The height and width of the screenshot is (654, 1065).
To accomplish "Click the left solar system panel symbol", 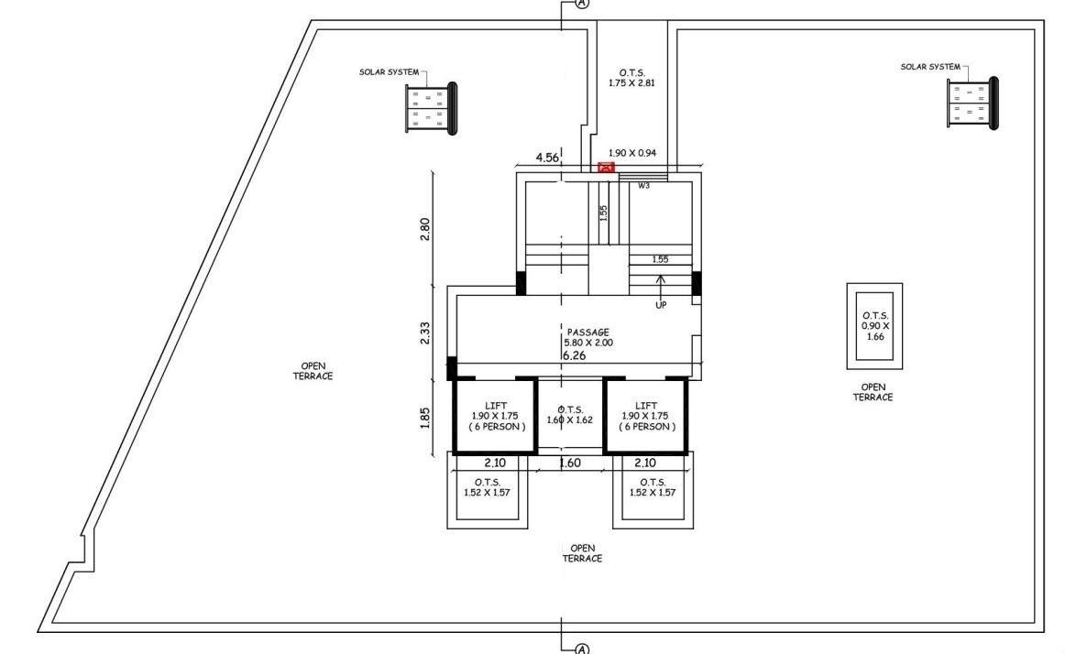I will coord(431,108).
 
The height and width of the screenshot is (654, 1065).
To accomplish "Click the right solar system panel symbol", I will coord(972,103).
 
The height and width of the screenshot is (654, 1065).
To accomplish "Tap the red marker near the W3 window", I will coord(606,168).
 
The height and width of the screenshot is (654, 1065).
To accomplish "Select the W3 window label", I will coord(644,186).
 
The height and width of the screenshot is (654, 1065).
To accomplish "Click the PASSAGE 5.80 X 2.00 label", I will coord(587,337).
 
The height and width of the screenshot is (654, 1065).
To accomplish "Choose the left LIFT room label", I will coord(495,416).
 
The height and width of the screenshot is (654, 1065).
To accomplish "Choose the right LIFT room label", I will coord(646,416).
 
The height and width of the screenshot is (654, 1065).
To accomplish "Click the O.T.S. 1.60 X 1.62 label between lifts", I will coord(570,415).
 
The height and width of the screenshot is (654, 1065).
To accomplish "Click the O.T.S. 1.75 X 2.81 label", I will coord(631,76).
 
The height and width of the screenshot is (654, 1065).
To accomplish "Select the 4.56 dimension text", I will coord(547,157).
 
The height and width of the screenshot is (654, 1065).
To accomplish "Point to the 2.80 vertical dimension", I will coord(424,228).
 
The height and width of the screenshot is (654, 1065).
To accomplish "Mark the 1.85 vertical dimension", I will coord(424,417).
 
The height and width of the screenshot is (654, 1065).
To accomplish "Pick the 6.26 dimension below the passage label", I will coord(574,354).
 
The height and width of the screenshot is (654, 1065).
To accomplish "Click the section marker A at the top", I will coord(581,4).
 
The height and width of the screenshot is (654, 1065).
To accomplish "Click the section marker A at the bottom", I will coord(581,649).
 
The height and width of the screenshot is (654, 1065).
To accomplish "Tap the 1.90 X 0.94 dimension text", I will coord(631,153).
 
